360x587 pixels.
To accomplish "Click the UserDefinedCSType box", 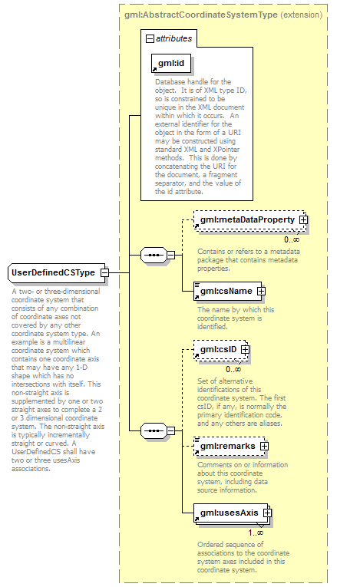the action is click(x=56, y=272).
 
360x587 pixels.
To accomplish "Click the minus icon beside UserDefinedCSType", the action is click(x=105, y=272).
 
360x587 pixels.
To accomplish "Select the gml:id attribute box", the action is click(x=171, y=63).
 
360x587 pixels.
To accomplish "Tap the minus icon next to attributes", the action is click(x=150, y=38).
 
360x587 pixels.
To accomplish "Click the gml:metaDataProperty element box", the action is click(x=249, y=220).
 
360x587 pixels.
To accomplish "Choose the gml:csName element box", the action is click(x=227, y=292).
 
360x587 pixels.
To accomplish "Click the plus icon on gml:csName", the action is click(x=261, y=291).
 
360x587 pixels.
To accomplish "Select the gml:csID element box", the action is click(x=220, y=350).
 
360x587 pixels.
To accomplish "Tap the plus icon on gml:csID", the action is click(x=245, y=350).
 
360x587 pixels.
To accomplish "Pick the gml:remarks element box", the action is click(x=229, y=447).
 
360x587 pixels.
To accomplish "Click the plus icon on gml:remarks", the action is click(x=265, y=447).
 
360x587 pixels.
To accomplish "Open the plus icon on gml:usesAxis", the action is click(x=267, y=513).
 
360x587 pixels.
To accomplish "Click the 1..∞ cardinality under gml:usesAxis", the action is click(x=256, y=533).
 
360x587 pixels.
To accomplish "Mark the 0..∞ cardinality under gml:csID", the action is click(x=233, y=370).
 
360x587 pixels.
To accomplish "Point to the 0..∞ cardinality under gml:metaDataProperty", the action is click(x=292, y=239).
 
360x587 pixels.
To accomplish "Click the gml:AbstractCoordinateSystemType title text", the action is click(x=201, y=15).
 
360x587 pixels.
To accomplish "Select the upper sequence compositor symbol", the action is click(x=154, y=256).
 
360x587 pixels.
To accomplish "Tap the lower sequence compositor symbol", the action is click(x=154, y=430).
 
